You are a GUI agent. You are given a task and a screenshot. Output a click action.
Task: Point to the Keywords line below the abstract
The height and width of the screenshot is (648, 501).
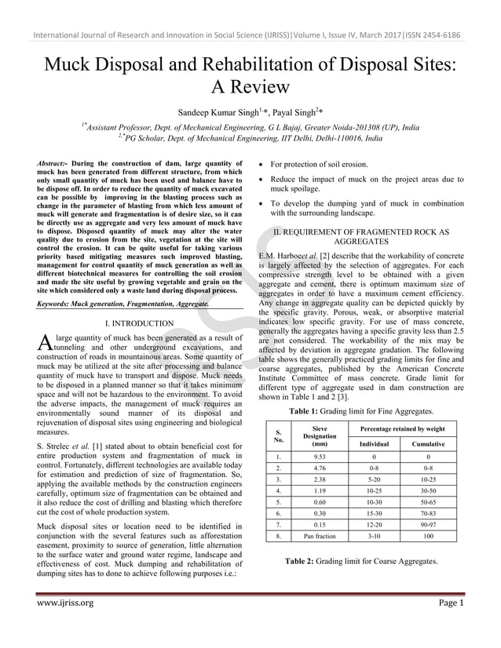[123, 302]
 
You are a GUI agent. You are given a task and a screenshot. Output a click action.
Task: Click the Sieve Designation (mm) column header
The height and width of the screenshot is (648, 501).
[319, 436]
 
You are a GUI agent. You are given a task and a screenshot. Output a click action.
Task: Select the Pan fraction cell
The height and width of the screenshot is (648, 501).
[319, 537]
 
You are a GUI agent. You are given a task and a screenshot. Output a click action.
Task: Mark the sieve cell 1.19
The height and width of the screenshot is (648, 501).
[319, 490]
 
